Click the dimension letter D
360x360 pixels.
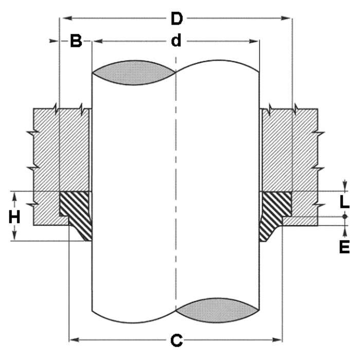[176, 19]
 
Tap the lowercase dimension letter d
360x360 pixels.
[176, 41]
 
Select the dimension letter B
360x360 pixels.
[76, 42]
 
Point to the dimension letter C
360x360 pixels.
[176, 340]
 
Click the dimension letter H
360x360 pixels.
[15, 218]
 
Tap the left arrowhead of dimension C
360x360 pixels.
[73, 339]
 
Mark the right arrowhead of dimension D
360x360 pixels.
[289, 19]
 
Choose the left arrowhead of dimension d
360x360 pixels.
[95, 41]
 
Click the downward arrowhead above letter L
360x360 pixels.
[344, 188]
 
